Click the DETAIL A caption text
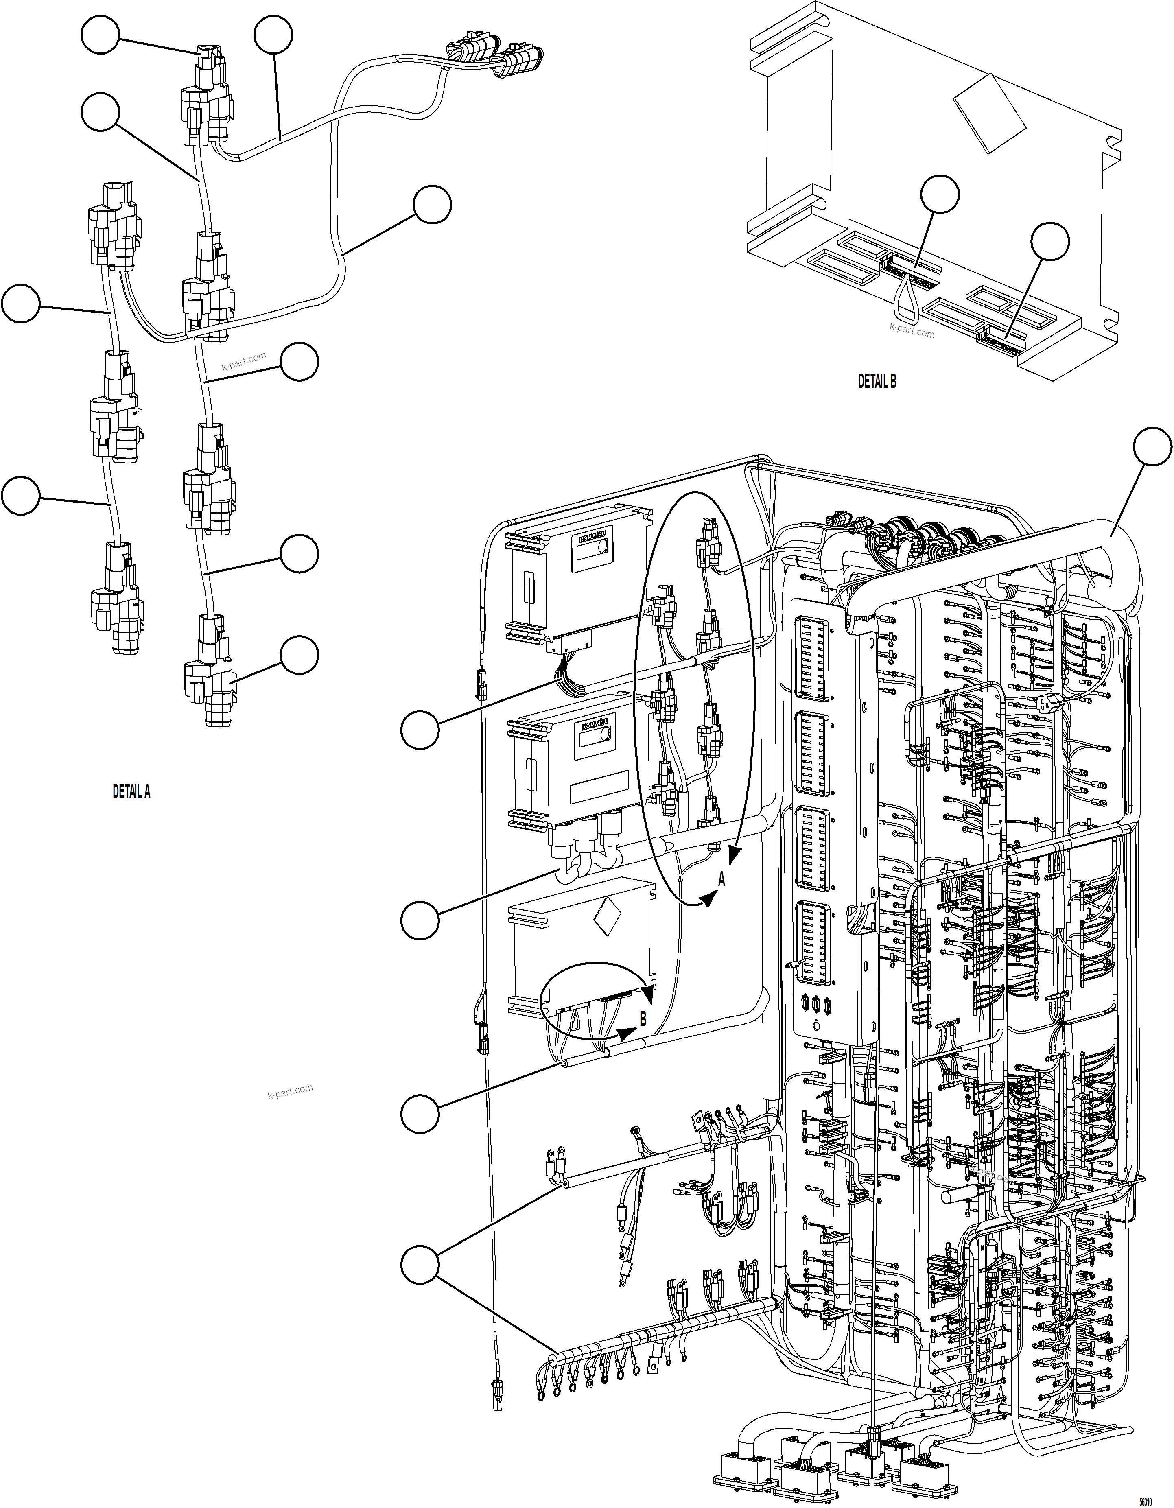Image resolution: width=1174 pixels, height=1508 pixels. (131, 792)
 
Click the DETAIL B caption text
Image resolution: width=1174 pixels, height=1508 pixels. (877, 381)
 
